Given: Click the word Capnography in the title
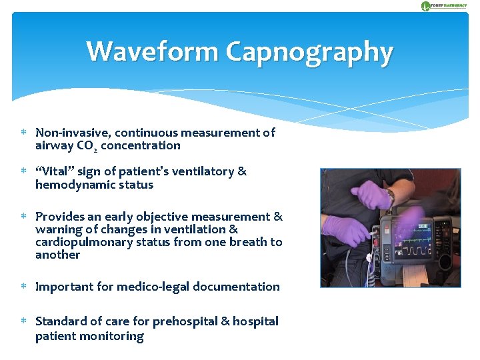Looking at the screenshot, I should [309, 53].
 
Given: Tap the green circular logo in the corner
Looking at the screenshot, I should [426, 6].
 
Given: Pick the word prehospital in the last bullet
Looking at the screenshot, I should [184, 321].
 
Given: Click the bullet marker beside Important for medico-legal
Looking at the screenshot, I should [23, 287].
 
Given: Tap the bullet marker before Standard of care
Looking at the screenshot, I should [23, 321].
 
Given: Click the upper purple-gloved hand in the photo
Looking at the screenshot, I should [371, 195].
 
